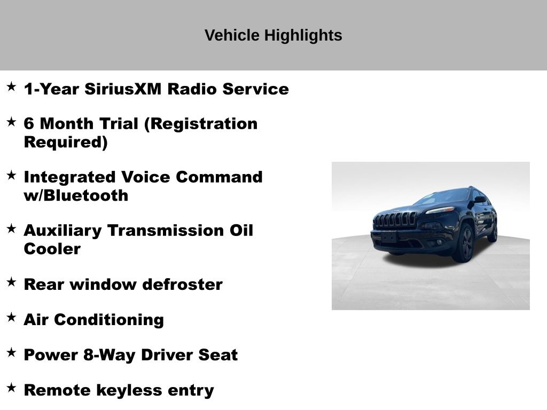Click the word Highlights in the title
coord(303,36)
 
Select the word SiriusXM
coord(123,89)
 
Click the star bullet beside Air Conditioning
coord(12,317)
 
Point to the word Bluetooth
coord(86,195)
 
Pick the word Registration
coord(201,124)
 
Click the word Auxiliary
coord(63,231)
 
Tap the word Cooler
coord(52,249)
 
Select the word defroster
coord(183,284)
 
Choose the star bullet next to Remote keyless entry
coord(12,388)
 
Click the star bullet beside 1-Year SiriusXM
coord(12,86)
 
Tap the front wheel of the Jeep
coord(464,243)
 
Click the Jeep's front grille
coord(395,219)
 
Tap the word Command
coord(219,177)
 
